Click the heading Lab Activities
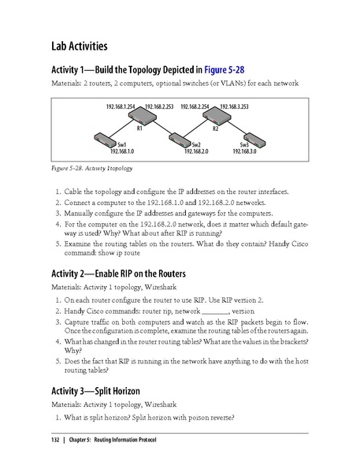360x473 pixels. coord(80,46)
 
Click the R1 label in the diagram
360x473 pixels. coord(139,126)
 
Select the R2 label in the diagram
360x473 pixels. coord(215,126)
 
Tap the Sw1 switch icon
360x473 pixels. coord(103,137)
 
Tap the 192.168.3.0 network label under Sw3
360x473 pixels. coord(245,151)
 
